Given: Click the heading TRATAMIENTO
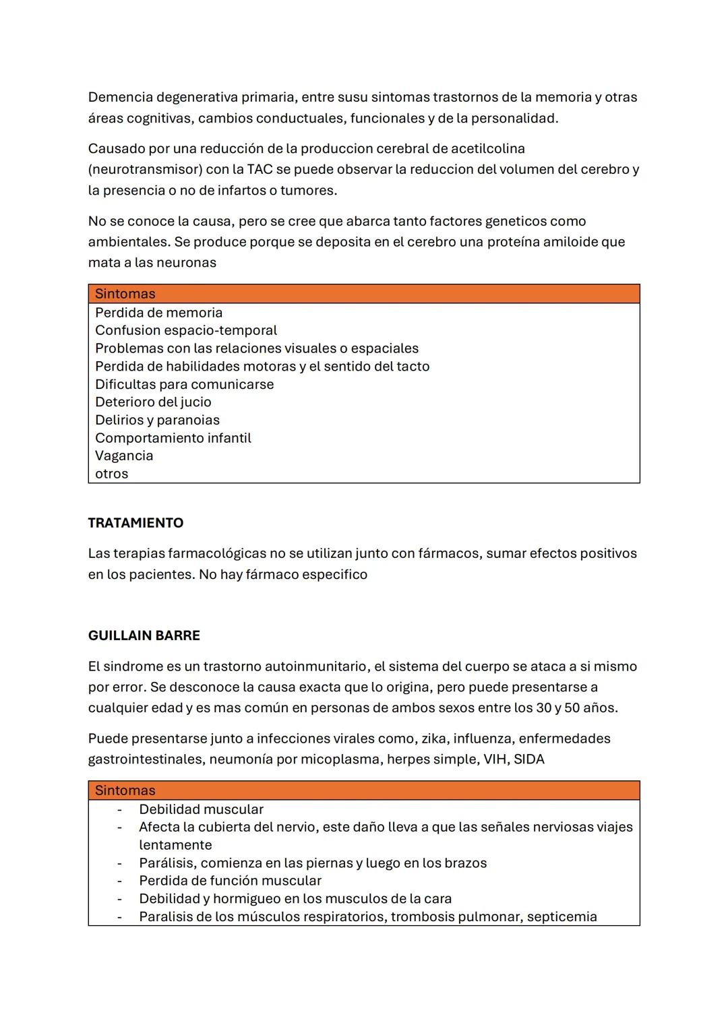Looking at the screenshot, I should pos(135,523).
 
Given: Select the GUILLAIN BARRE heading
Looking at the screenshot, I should pos(144,635).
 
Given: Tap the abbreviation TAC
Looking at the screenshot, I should pos(260,169).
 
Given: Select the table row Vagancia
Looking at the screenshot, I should pos(124,456).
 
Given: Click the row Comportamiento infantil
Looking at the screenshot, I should pos(173,438).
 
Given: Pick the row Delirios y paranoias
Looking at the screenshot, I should pos(157,420).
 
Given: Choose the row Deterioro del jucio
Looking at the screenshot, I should pos(153,402).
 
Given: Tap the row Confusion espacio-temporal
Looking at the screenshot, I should pos(186,330).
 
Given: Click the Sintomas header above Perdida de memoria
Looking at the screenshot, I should pos(125,294).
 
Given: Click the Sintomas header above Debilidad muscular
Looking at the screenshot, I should pos(125,790).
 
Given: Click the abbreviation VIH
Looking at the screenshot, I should pos(495,759).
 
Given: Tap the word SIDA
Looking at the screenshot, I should pos(529,759).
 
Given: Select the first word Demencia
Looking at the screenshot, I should pos(120,97).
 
